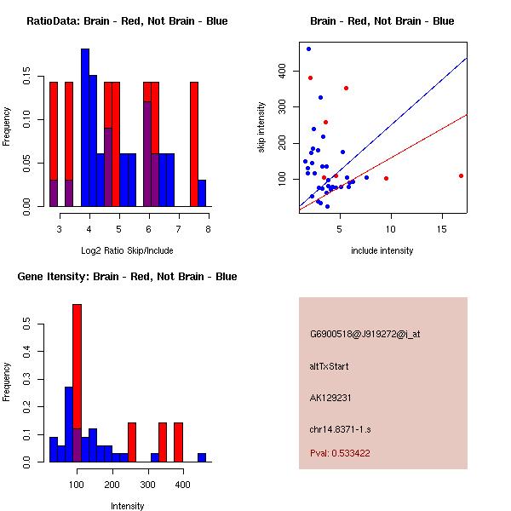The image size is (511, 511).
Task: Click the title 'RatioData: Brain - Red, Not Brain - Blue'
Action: pos(127,21)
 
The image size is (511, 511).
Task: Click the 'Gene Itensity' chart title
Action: pos(127,277)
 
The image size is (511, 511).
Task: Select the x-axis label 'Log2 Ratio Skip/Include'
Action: pos(127,250)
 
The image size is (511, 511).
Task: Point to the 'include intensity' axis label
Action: pos(382,250)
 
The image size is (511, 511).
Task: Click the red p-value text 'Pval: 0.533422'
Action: pos(340,453)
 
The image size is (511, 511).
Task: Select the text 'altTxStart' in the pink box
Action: pos(329,366)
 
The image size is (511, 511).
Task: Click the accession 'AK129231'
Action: pos(331,397)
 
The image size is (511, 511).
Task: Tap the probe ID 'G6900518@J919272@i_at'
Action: pos(365,334)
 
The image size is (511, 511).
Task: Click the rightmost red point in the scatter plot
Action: pos(461,175)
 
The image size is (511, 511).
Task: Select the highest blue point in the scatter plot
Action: pos(308,49)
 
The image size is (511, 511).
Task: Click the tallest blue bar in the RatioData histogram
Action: pos(85,128)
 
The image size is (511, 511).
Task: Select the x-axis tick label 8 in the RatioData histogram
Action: pos(208,228)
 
